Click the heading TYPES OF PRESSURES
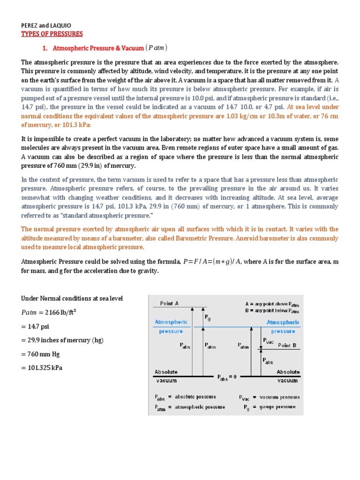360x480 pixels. pos(52,34)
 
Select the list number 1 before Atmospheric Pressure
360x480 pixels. pos(45,48)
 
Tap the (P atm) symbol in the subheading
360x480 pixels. pos(156,48)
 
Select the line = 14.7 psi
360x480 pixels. pos(38,326)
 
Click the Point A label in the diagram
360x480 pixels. pos(169,303)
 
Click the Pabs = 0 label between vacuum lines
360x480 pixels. pos(228,378)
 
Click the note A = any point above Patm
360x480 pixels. pos(272,304)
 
